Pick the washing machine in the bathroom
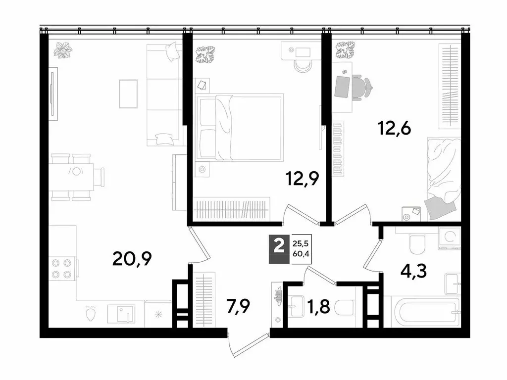[450, 237]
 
